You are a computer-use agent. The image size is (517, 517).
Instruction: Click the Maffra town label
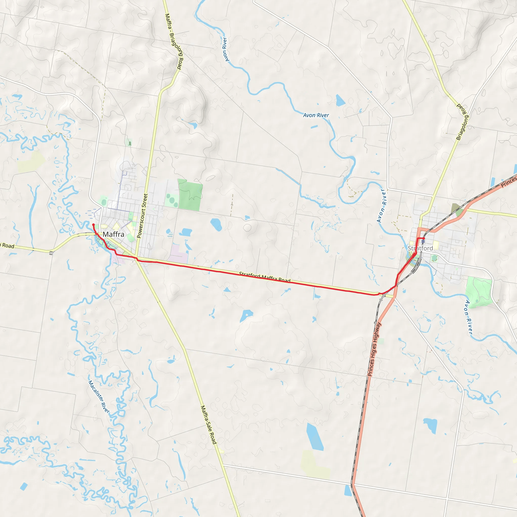point(113,235)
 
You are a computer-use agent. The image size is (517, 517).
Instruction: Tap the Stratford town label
point(420,248)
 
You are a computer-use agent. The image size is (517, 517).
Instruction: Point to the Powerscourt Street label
point(142,216)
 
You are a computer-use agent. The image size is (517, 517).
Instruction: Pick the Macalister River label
point(98,397)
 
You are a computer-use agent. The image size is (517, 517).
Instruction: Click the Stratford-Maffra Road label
point(265,277)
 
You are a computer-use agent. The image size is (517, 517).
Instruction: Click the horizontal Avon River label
point(316,115)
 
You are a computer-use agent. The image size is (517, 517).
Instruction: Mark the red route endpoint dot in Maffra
point(93,224)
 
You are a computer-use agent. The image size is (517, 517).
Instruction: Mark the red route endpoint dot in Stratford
point(424,238)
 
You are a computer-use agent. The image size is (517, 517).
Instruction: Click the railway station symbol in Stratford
point(423,241)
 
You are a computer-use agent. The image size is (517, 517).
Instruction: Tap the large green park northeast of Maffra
point(190,195)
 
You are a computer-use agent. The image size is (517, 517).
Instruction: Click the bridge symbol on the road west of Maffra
point(51,252)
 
